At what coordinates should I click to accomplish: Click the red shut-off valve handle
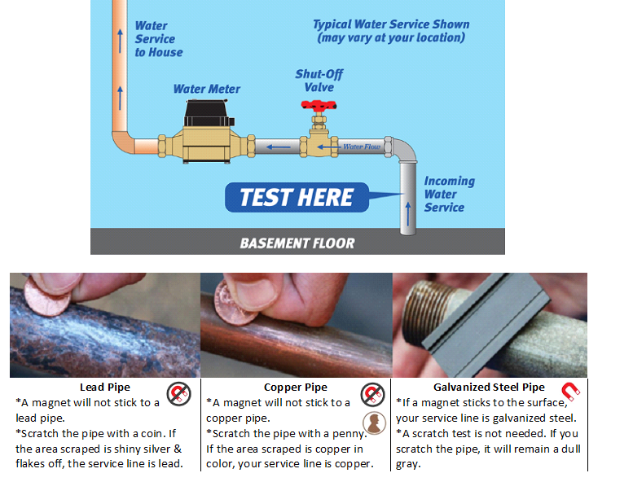319,105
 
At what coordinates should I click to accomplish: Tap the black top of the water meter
209,112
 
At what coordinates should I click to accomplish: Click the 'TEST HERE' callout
297,197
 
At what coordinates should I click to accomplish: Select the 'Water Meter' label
207,89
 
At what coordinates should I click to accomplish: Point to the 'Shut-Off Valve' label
319,81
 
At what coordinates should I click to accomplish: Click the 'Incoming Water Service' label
449,195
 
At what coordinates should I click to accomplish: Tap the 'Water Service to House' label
158,39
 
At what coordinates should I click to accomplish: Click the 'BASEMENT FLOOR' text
297,243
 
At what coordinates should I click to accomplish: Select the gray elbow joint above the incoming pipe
404,151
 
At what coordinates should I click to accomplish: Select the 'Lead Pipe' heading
104,388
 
